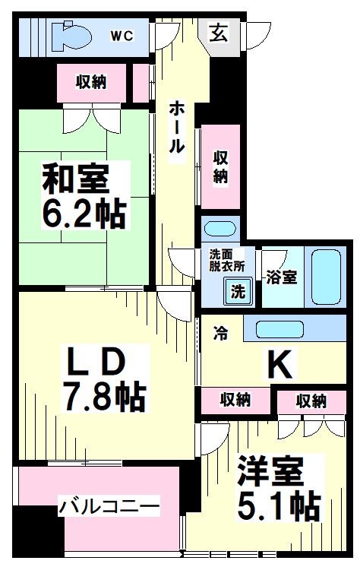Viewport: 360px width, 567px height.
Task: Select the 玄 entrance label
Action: coord(218,33)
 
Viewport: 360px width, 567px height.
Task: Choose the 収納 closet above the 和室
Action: coord(90,82)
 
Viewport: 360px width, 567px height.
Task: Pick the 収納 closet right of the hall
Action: coord(220,166)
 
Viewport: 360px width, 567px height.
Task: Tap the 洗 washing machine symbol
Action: coord(237,290)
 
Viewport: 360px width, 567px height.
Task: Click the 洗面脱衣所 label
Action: coord(227,261)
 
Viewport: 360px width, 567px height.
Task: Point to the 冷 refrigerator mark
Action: coord(220,333)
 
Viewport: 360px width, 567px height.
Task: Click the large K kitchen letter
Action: coord(279,366)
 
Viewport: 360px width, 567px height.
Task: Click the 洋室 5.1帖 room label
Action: coord(276,487)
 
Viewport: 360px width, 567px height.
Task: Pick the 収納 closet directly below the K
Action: coord(235,398)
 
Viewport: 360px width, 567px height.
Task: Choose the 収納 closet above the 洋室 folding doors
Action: coord(311,400)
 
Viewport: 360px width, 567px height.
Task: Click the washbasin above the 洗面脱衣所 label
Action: coord(219,228)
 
